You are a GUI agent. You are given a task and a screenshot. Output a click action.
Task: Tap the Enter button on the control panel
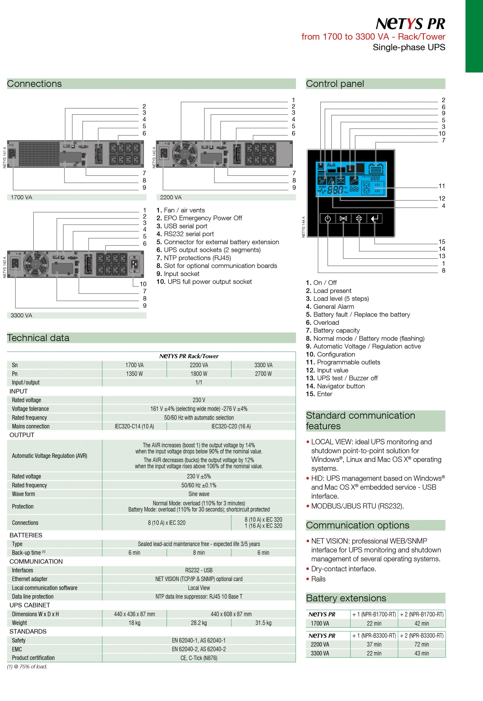pyautogui.click(x=374, y=218)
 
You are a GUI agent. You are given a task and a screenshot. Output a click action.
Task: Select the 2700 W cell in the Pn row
pyautogui.click(x=263, y=374)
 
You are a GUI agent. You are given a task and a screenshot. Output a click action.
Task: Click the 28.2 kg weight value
pyautogui.click(x=199, y=623)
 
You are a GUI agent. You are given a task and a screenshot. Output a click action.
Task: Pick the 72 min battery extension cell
pyautogui.click(x=422, y=644)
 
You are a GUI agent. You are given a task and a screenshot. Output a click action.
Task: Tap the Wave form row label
pyautogui.click(x=23, y=494)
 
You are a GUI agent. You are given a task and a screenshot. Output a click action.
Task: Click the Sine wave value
pyautogui.click(x=199, y=494)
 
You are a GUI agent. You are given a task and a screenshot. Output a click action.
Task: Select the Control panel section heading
pyautogui.click(x=335, y=84)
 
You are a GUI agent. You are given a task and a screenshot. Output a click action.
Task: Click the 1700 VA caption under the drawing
pyautogui.click(x=21, y=197)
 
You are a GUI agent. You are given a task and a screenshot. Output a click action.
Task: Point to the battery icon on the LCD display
pyautogui.click(x=376, y=169)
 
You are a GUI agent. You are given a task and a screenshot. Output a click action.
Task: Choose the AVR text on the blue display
pyautogui.click(x=331, y=165)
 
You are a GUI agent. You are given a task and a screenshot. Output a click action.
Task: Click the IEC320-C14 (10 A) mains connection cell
pyautogui.click(x=134, y=426)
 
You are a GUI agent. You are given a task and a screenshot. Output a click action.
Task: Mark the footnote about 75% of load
pyautogui.click(x=27, y=666)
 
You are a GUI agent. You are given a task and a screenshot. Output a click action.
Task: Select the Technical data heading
pyautogui.click(x=38, y=338)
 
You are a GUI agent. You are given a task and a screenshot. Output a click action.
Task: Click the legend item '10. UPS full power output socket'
pyautogui.click(x=204, y=281)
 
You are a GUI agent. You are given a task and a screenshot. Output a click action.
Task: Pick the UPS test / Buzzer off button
pyautogui.click(x=343, y=218)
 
